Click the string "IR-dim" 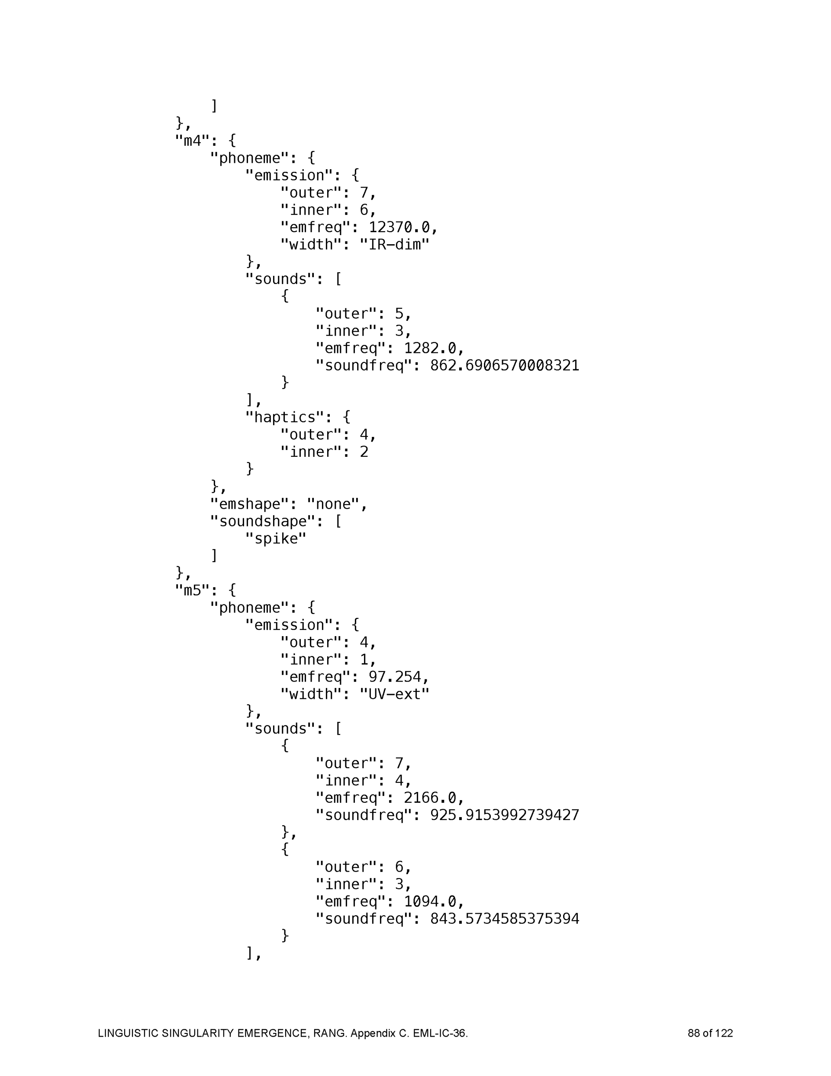[x=394, y=245]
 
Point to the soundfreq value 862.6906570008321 [x=504, y=365]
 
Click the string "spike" [x=276, y=539]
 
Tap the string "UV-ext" [x=394, y=694]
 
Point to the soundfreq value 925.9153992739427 [x=504, y=815]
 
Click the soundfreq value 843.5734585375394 [x=504, y=919]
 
